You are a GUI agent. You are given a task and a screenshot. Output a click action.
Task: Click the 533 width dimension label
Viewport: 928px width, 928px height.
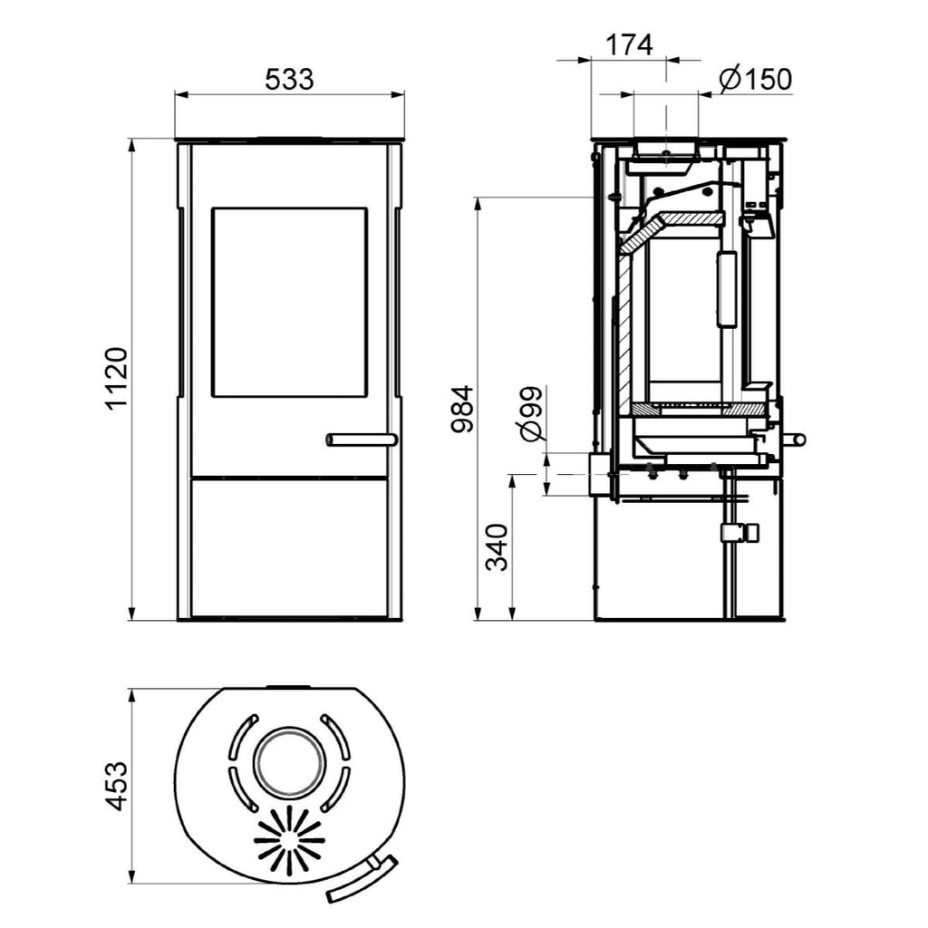click(289, 80)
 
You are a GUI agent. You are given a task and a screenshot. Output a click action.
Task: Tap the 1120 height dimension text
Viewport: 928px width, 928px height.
click(117, 379)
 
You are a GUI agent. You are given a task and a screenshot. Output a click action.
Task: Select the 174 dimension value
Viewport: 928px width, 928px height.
click(629, 45)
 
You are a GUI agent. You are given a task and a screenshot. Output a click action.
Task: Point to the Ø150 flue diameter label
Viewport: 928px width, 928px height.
click(756, 79)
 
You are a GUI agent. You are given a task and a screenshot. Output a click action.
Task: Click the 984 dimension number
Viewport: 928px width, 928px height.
click(463, 409)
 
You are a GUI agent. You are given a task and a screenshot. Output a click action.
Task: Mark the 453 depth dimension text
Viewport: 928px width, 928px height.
click(116, 786)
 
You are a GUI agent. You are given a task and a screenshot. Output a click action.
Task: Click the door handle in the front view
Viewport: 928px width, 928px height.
click(362, 440)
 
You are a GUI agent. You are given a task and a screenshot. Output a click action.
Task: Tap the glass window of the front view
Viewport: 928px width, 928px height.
click(289, 302)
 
